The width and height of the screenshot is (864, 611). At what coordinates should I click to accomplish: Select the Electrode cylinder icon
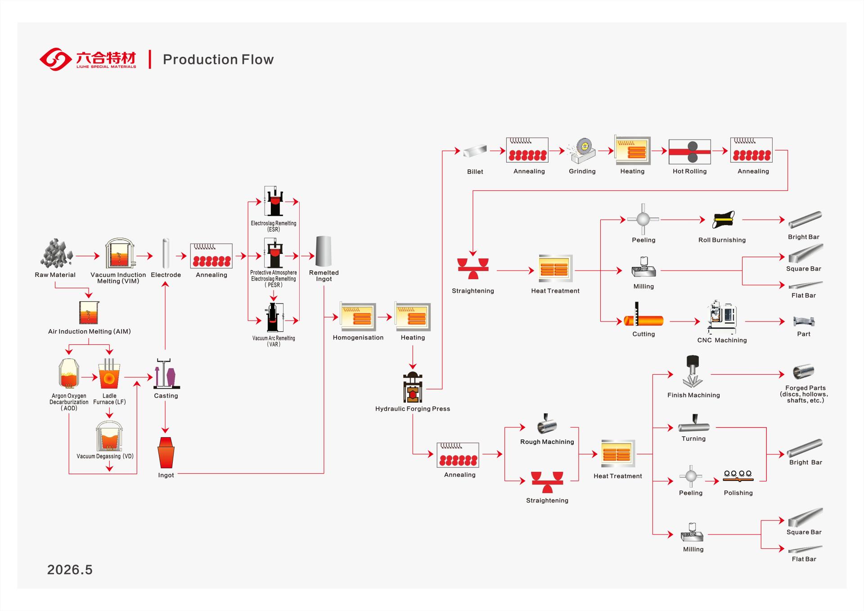coord(166,253)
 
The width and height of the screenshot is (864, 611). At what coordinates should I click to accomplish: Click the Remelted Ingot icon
coord(324,251)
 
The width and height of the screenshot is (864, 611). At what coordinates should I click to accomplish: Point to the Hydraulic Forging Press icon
coord(413,387)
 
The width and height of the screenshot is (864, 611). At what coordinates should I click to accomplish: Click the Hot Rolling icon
coord(690,152)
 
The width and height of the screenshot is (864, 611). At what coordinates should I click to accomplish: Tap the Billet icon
coord(475,151)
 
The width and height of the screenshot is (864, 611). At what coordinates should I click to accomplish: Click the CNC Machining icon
coord(723,317)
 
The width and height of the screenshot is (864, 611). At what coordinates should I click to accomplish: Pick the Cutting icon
coord(643,316)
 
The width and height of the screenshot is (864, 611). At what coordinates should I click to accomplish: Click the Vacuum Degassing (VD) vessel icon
coord(109,436)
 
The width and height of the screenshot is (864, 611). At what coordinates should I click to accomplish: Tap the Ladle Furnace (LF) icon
coord(109,374)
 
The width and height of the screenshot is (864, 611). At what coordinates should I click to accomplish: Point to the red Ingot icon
coord(166,453)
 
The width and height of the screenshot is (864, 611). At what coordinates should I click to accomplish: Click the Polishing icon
coord(738,476)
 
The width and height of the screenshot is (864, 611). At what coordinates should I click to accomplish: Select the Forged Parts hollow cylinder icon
coord(804,372)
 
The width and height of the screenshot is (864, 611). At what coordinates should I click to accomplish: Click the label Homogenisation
coord(358,338)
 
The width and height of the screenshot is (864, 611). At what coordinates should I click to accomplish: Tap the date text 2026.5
coord(70,570)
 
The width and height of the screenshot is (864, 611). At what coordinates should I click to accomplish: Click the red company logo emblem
coord(56,59)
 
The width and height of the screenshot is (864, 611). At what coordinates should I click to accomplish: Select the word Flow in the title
coord(257,59)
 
